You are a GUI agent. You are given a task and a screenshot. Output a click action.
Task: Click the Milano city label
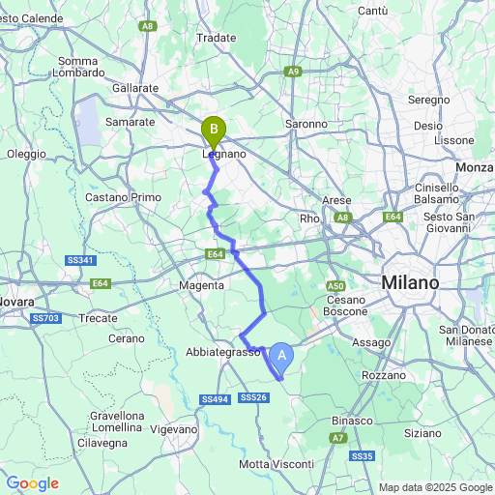(x=410, y=282)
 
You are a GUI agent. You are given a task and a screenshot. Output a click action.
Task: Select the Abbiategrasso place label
(x=223, y=353)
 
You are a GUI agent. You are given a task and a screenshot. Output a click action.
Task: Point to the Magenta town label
(x=202, y=285)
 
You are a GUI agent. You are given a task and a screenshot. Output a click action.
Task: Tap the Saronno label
(x=306, y=124)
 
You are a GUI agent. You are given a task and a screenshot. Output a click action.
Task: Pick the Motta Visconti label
(x=277, y=465)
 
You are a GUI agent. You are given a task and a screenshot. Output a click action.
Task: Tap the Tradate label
(x=216, y=38)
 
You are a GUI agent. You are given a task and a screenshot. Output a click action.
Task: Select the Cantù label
(x=372, y=11)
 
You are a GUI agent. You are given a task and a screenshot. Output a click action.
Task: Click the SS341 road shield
(x=80, y=260)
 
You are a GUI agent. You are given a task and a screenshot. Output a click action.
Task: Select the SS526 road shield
(x=252, y=397)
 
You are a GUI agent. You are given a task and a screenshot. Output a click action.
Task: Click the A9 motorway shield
(x=293, y=71)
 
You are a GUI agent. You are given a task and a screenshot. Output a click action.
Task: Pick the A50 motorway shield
(x=335, y=286)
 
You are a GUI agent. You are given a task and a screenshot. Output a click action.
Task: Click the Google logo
(x=32, y=482)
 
